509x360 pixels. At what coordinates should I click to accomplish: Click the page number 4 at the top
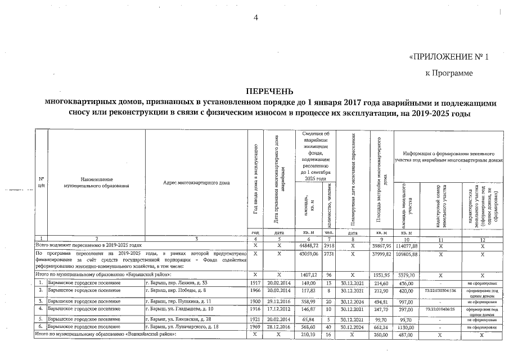coord(256,17)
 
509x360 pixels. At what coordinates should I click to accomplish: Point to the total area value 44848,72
coord(309,245)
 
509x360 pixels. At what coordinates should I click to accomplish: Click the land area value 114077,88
coord(407,245)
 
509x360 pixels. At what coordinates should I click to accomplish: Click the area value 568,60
coord(309,326)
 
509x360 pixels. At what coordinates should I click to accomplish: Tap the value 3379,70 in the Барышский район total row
coord(407,274)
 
